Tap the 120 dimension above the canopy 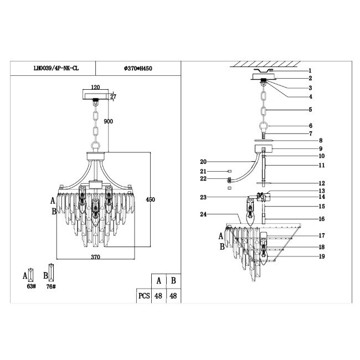[x=95, y=88]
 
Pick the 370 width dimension [x=95, y=257]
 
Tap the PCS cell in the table [x=143, y=296]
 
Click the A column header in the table [x=159, y=280]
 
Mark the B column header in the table [x=174, y=280]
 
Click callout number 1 [x=310, y=70]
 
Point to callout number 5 [x=310, y=110]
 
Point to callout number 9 [x=320, y=148]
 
